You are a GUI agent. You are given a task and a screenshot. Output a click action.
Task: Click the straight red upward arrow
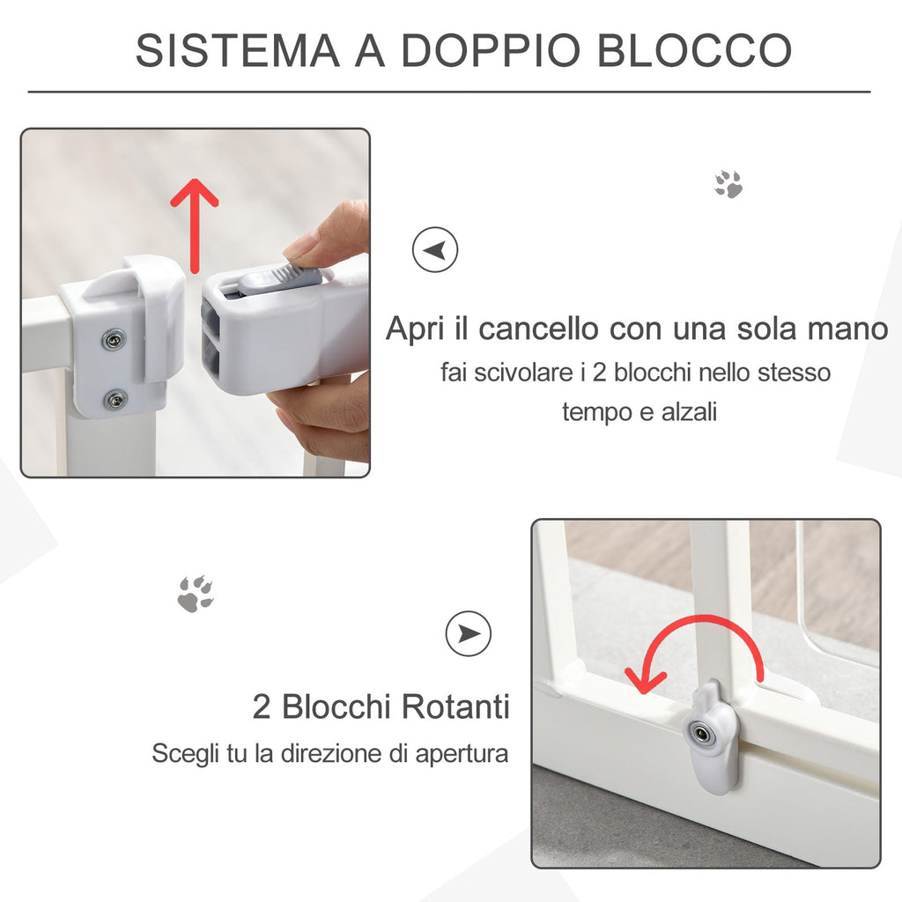coord(195,225)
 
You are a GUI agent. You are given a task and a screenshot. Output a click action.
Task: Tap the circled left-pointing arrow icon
coord(435,250)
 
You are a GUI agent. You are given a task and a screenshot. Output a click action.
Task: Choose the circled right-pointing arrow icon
coord(469,634)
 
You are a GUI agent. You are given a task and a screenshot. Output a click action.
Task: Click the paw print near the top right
coord(728,184)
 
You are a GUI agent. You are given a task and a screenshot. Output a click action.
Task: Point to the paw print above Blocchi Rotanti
coord(196,594)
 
